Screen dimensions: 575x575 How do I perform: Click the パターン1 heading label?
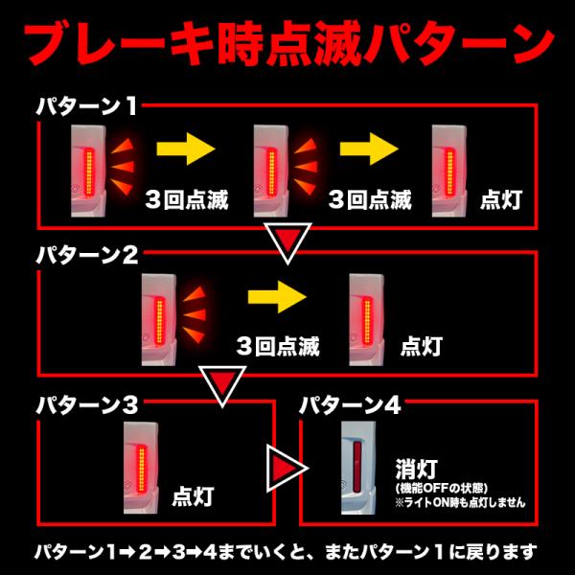[86, 106]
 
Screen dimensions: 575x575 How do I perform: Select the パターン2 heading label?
[87, 255]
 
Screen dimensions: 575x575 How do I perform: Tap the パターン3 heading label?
[87, 405]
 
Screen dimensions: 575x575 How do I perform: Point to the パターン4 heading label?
[350, 405]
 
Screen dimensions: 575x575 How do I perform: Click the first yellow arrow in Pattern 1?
[186, 149]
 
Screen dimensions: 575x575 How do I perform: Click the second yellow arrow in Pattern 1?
[369, 149]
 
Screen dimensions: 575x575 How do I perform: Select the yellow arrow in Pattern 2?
[277, 297]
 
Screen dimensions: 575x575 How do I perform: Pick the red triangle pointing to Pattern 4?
[287, 469]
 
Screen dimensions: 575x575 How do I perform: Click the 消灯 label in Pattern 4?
[416, 470]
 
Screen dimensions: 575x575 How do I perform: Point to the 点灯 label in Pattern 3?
[193, 496]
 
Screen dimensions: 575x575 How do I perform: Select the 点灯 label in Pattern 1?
[501, 200]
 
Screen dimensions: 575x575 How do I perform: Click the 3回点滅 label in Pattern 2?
[278, 346]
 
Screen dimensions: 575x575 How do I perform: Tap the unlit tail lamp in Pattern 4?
[358, 468]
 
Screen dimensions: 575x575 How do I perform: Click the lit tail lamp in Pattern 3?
[141, 468]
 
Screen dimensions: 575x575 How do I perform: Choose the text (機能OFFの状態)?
[442, 489]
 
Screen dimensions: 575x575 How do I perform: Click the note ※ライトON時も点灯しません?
[460, 502]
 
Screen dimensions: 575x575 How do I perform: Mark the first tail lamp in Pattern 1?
[88, 171]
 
